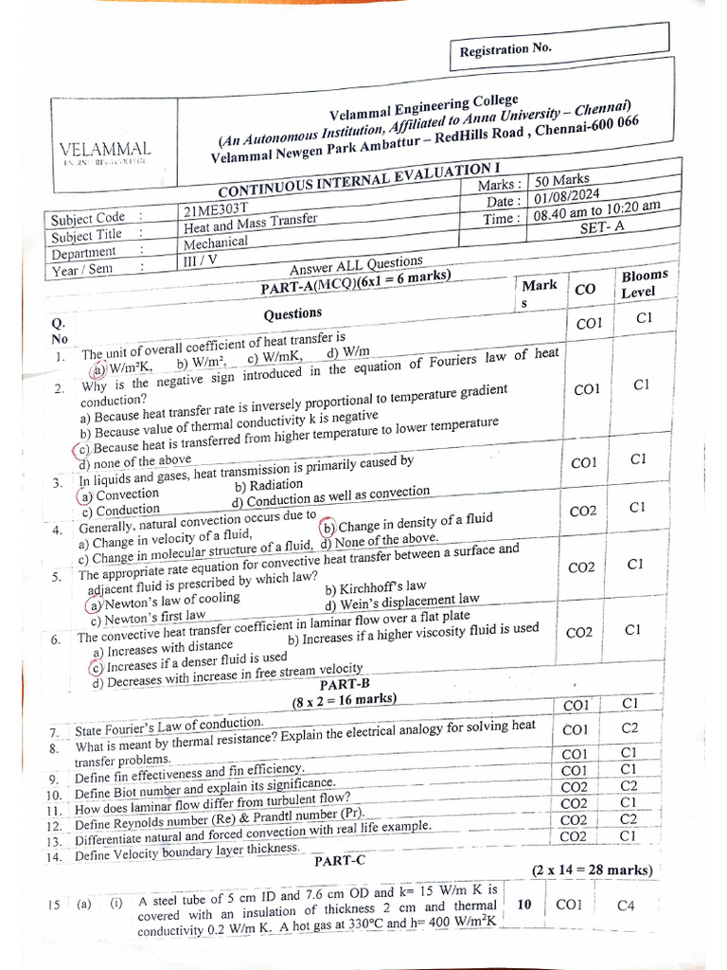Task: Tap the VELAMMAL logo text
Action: pyautogui.click(x=105, y=150)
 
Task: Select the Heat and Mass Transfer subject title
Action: pyautogui.click(x=251, y=225)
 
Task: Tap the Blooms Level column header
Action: pyautogui.click(x=643, y=283)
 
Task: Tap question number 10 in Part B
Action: pyautogui.click(x=54, y=794)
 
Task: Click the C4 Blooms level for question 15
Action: pyautogui.click(x=625, y=905)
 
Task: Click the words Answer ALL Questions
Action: pyautogui.click(x=356, y=264)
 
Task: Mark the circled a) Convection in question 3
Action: pyautogui.click(x=119, y=494)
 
